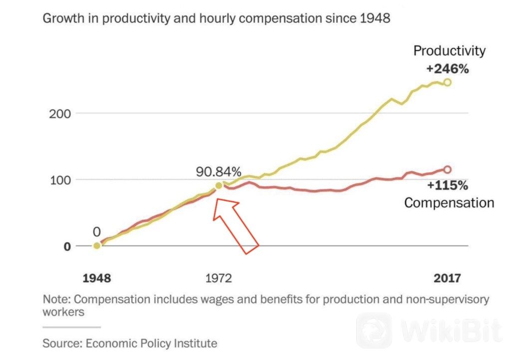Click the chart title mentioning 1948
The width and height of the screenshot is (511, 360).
pos(216,19)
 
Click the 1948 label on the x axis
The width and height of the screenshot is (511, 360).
pos(97,278)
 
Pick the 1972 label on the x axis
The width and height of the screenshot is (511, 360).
pos(219,278)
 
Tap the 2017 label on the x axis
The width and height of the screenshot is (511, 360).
pos(447,278)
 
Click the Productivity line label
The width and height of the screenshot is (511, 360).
pos(449,51)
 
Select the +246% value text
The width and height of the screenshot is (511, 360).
pos(447,69)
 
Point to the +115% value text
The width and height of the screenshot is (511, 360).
pos(447,186)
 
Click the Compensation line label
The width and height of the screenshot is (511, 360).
pos(449,203)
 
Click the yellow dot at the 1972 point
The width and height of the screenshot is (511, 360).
pos(219,186)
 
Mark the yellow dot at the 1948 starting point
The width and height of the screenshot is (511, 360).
pos(97,246)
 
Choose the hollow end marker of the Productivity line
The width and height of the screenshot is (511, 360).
pos(447,82)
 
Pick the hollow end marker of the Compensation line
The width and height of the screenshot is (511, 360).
pos(447,170)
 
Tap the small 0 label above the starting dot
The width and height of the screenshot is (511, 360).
pos(97,231)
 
